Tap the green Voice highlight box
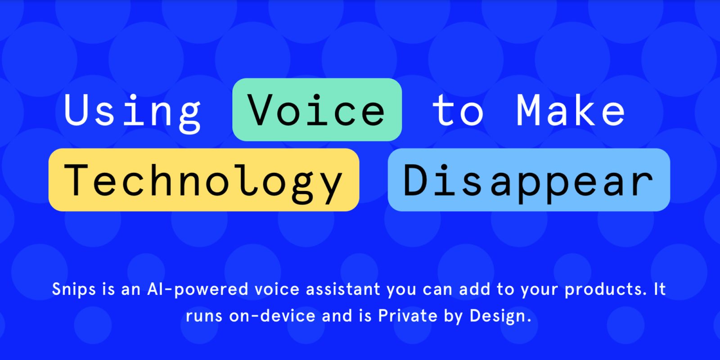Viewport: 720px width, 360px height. coord(317,110)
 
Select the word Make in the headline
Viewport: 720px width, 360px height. coord(571,110)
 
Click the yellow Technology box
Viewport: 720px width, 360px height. coord(204,180)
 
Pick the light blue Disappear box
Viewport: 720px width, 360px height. coord(529,180)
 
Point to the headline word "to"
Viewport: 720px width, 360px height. coord(458,110)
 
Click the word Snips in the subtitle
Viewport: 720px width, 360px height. coord(74,289)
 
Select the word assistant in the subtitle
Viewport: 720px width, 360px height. coord(343,289)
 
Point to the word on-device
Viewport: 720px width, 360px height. coord(272,315)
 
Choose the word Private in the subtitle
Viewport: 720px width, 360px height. coord(408,315)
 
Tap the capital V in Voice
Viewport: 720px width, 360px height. coord(261,110)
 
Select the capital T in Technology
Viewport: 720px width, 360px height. coord(76,180)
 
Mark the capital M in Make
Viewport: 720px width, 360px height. coord(528,110)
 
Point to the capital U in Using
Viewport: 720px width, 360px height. coord(76,110)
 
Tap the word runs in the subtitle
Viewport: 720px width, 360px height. coord(204,316)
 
